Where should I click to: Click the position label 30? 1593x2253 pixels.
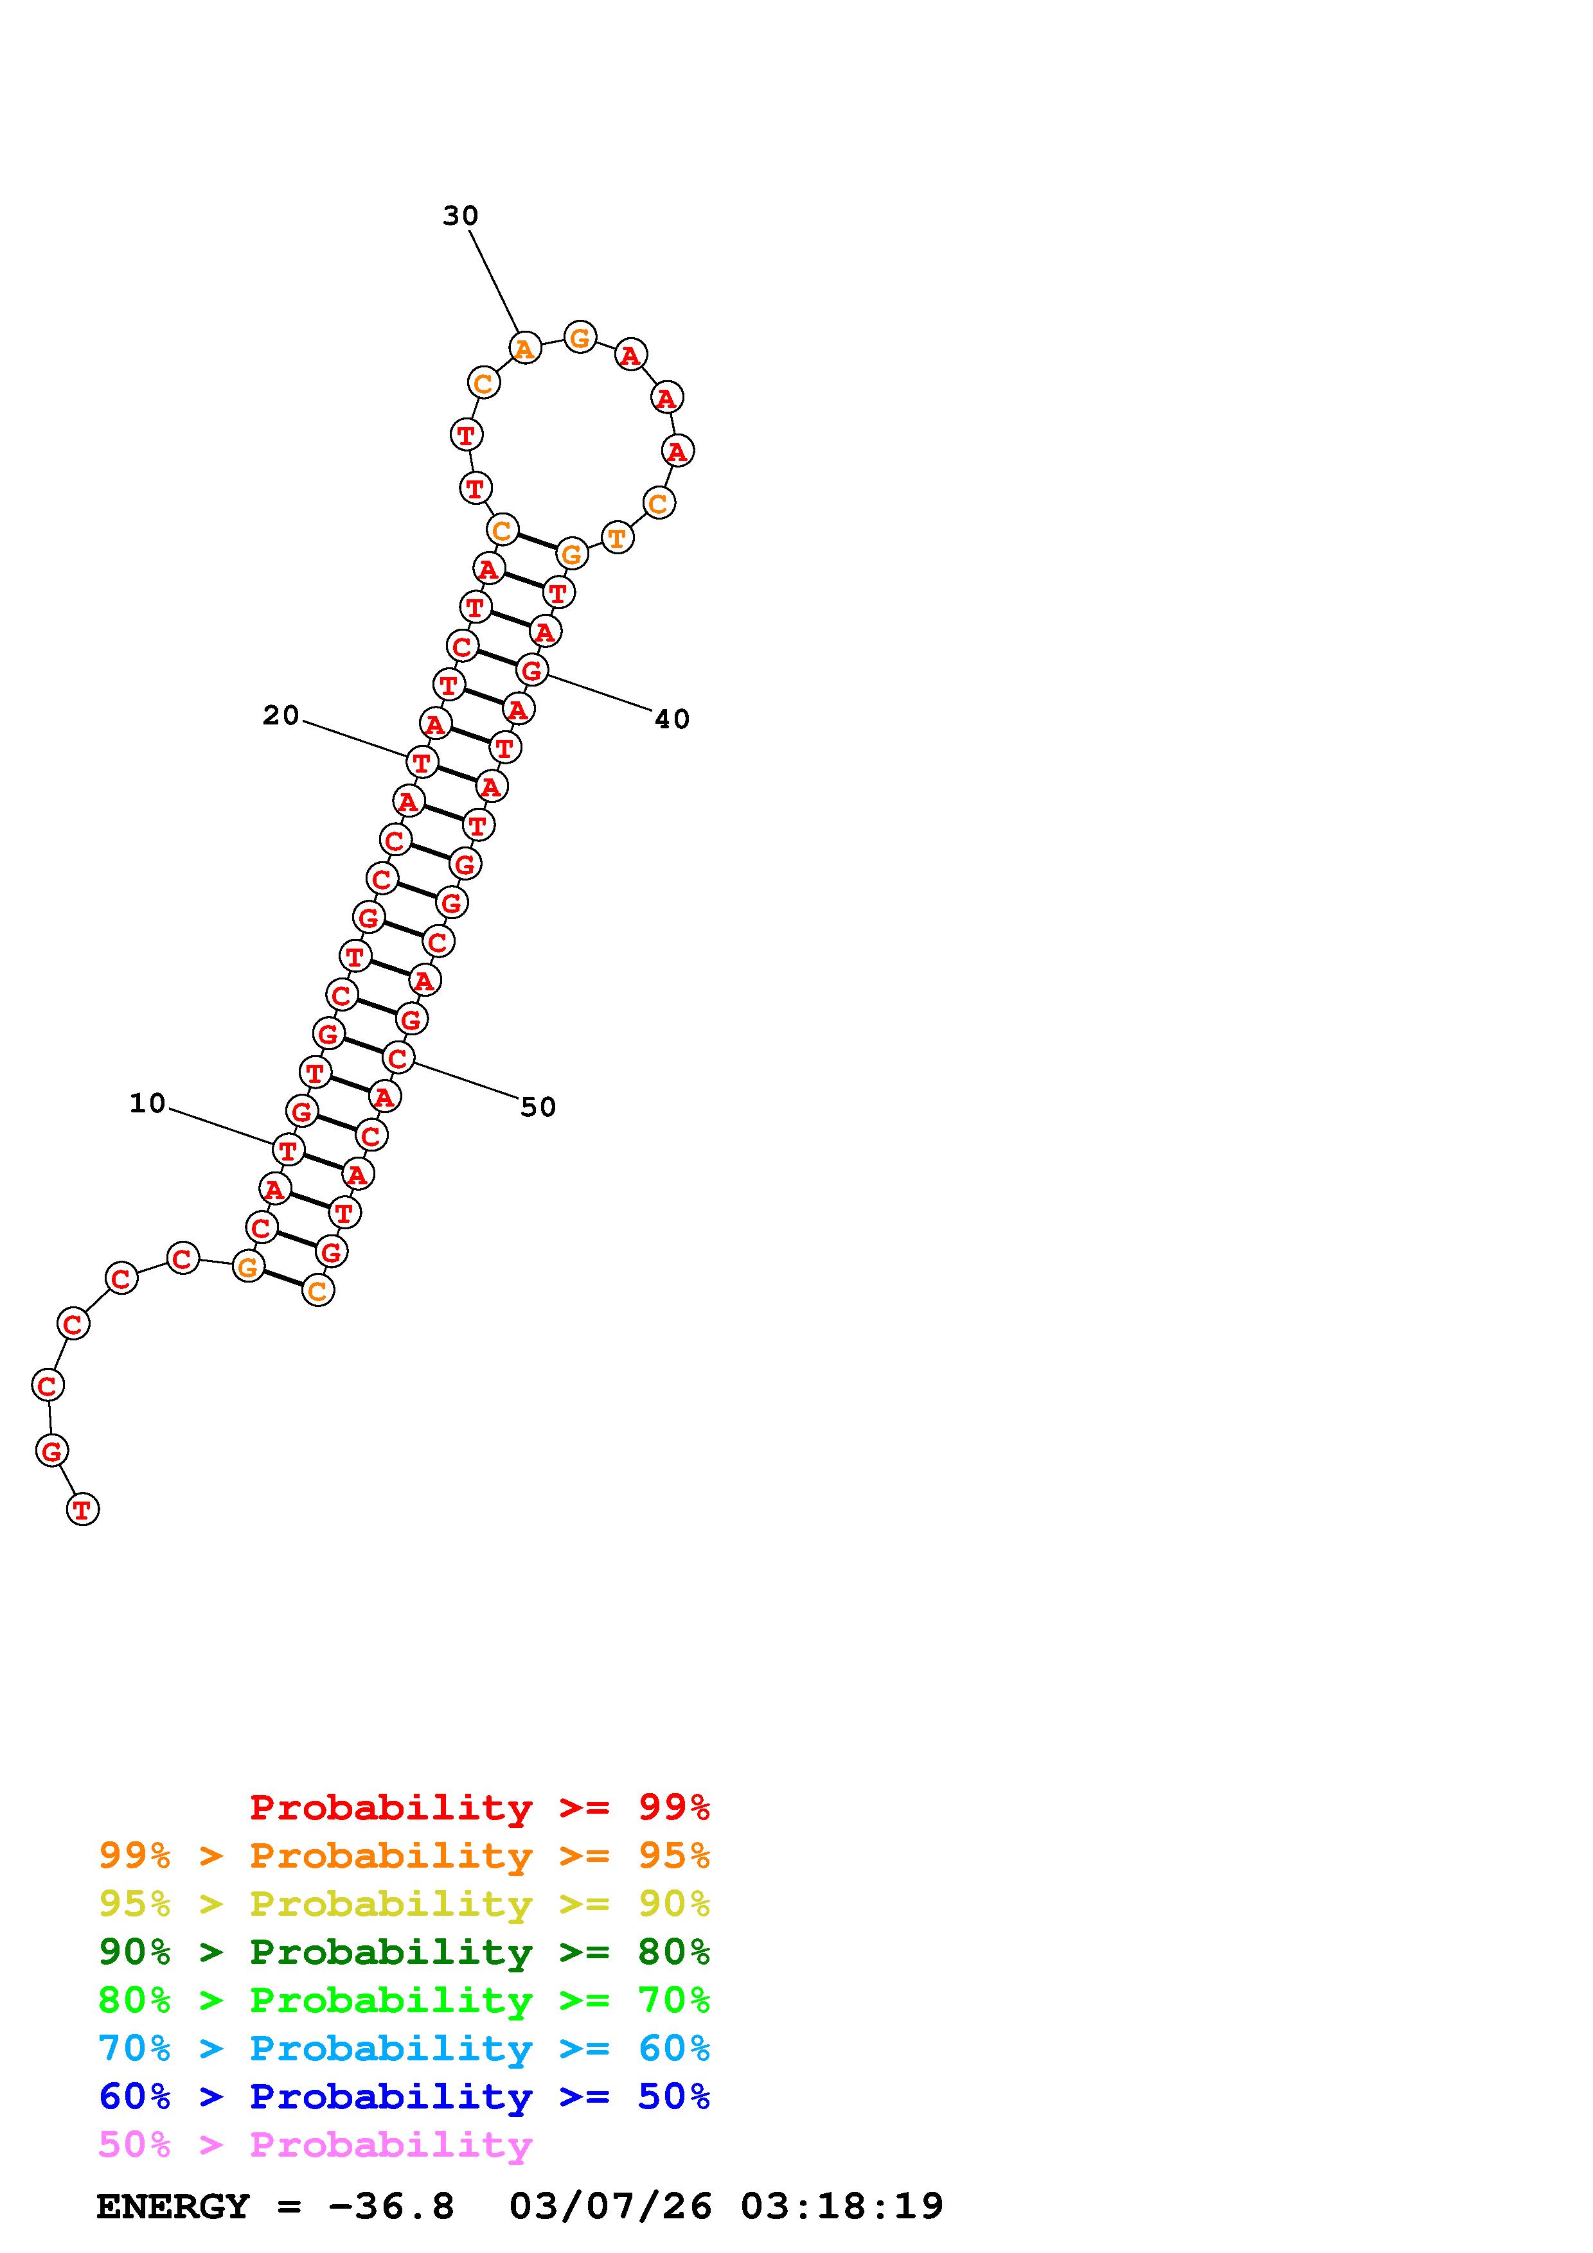click(460, 216)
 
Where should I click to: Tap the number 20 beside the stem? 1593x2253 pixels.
click(281, 716)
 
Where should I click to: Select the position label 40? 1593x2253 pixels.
click(672, 720)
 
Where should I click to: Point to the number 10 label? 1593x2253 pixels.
click(148, 1104)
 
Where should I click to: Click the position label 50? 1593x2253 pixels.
click(538, 1108)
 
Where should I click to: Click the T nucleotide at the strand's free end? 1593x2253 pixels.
click(82, 1509)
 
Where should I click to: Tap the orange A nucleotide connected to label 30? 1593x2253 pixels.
click(525, 347)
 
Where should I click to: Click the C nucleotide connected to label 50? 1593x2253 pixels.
click(398, 1058)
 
